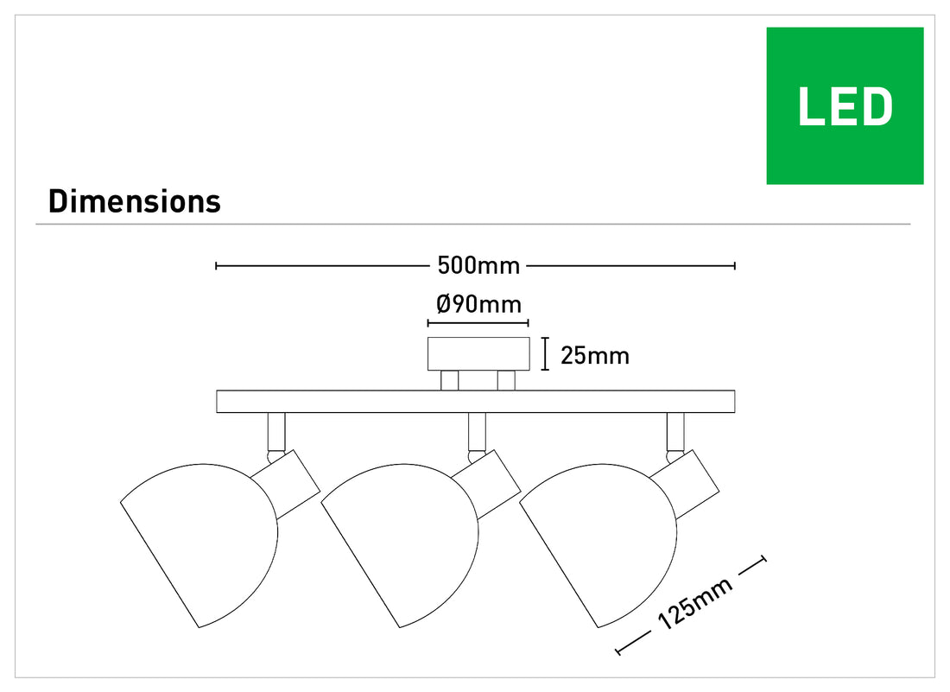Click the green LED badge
[x=845, y=105]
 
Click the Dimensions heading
[x=135, y=201]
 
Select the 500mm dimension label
[x=478, y=265]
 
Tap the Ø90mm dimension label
[x=478, y=303]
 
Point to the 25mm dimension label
[x=595, y=356]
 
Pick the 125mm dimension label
[x=695, y=603]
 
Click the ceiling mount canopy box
[x=478, y=354]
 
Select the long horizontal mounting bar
[x=476, y=402]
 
